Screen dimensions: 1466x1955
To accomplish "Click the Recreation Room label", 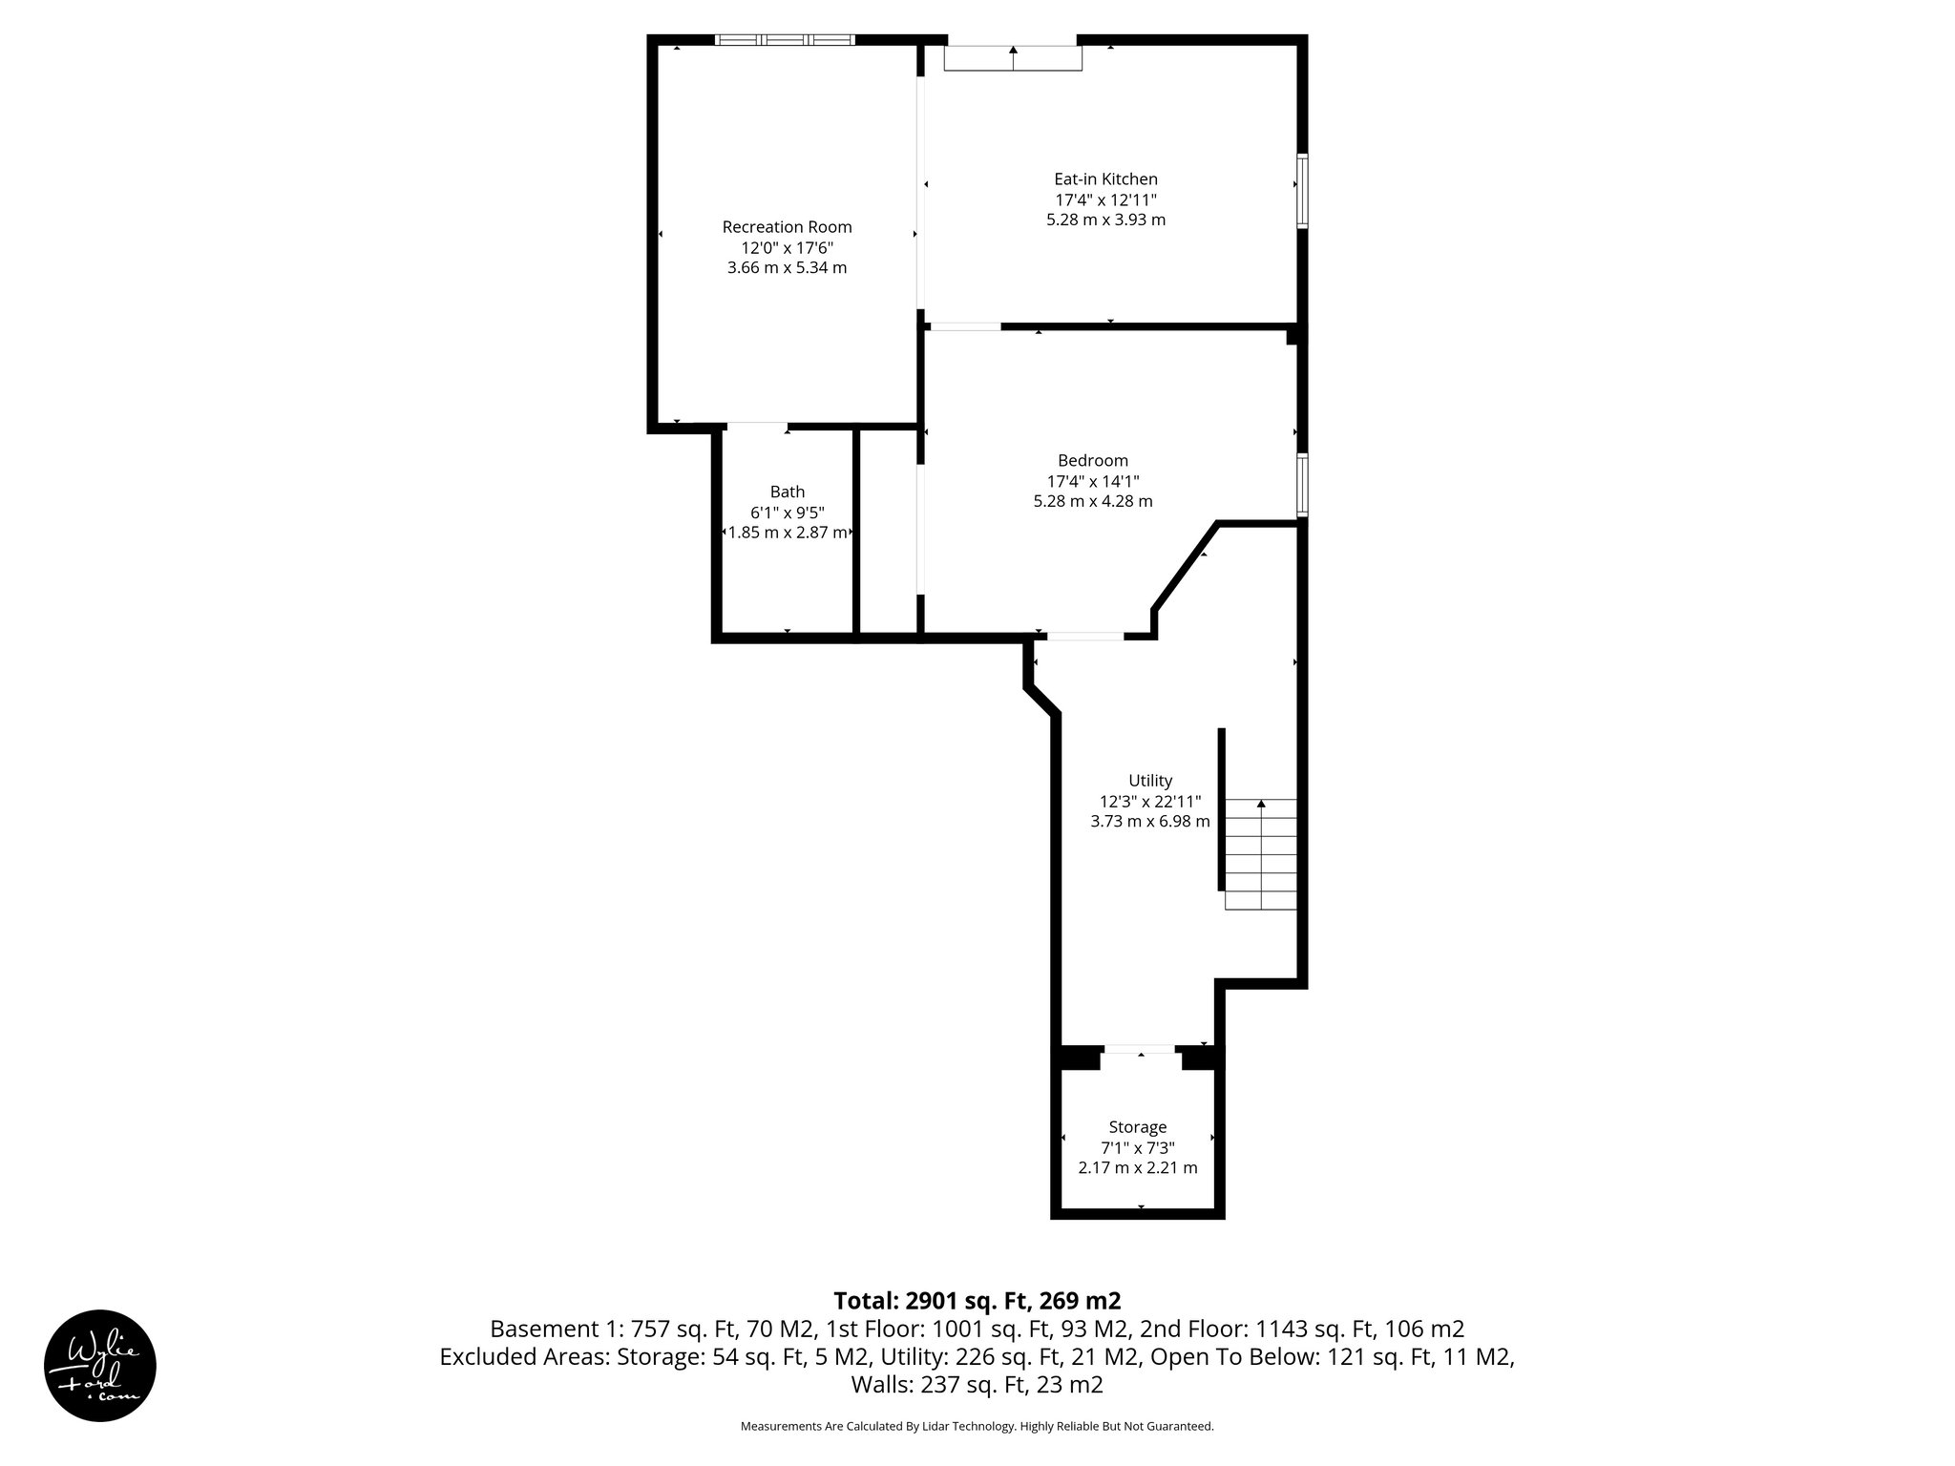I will [x=787, y=227].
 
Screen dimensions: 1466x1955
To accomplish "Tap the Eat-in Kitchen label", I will [x=1105, y=178].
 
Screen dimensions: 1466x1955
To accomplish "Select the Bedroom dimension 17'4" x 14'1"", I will [x=1092, y=481].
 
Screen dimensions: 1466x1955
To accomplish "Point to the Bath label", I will [x=787, y=492].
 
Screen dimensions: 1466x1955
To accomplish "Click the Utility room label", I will [x=1149, y=781].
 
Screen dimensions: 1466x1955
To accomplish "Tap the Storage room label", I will [x=1137, y=1127].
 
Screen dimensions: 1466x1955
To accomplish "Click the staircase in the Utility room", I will [x=1261, y=854].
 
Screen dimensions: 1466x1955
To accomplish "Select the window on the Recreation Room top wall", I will [x=785, y=40].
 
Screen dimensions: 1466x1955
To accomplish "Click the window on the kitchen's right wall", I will [x=1301, y=190].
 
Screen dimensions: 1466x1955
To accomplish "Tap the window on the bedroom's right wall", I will [x=1301, y=485].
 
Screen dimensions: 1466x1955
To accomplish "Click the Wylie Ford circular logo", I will [x=100, y=1365].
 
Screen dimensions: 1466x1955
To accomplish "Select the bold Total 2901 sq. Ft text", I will [x=977, y=1301].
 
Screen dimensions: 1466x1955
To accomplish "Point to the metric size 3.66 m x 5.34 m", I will [x=787, y=267].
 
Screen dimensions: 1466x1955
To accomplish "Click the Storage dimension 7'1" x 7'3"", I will [x=1137, y=1148].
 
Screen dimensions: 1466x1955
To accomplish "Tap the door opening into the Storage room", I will [x=1141, y=1050].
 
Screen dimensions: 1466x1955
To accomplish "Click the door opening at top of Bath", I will [x=757, y=426].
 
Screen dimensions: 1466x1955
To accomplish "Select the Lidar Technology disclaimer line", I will [x=977, y=1426].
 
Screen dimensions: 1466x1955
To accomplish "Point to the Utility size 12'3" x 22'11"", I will [x=1149, y=802].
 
